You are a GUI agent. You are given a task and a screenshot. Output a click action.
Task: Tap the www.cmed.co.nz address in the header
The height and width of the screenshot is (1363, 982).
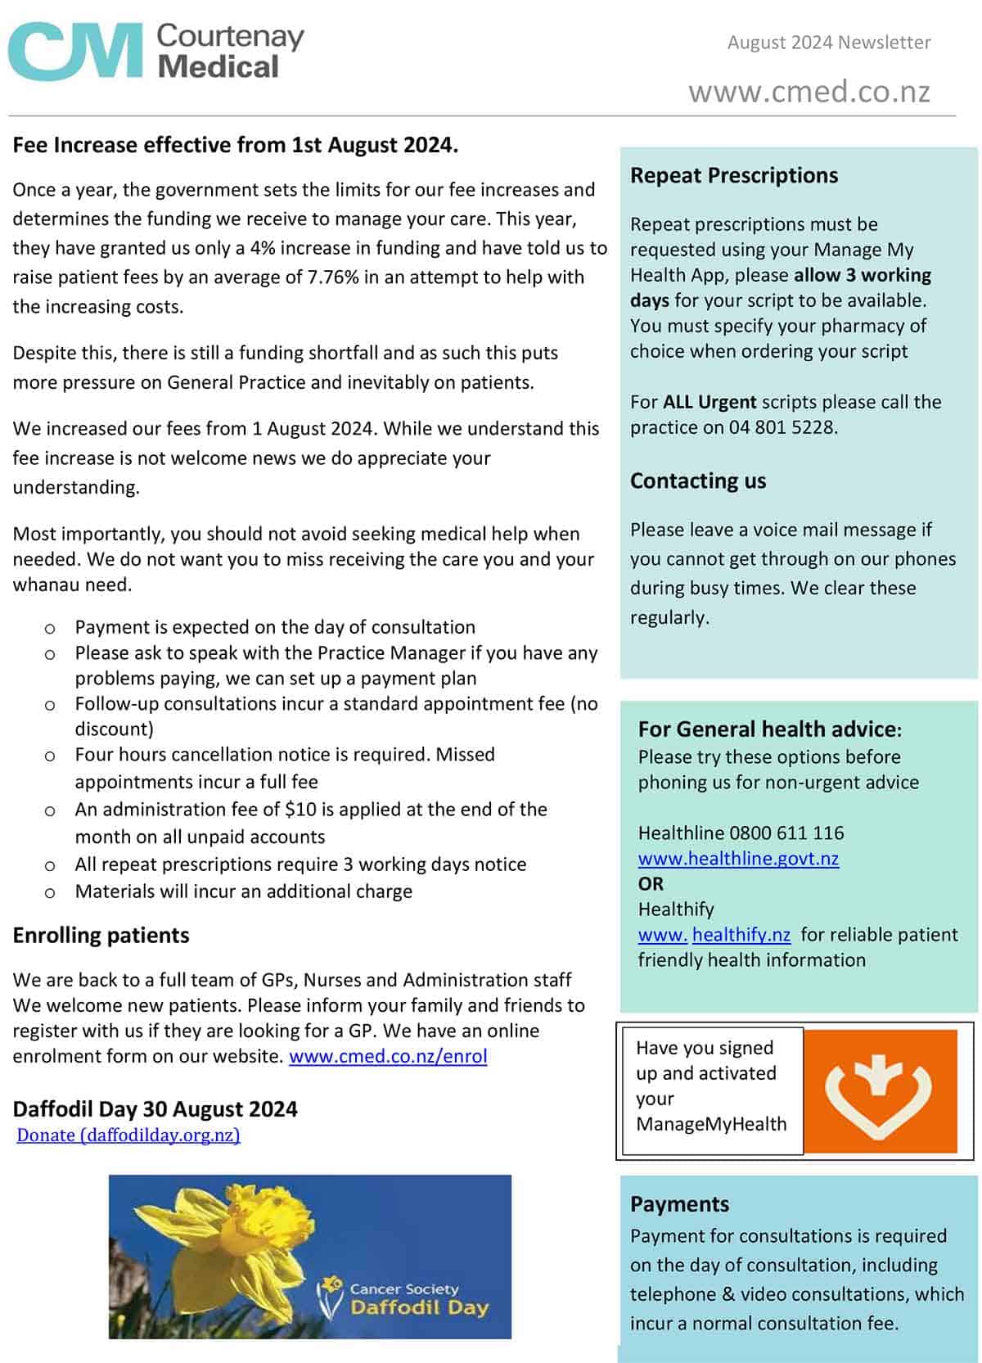[x=809, y=91]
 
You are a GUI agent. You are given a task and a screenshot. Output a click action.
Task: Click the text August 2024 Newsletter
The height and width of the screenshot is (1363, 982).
[x=828, y=43]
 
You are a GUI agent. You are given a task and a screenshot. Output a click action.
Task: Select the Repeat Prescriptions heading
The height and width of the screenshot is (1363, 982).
[x=733, y=175]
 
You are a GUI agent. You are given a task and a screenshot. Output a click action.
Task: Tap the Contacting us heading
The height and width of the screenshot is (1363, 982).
[x=697, y=481]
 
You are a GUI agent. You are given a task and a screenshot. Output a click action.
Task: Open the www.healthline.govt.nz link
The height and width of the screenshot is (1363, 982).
[x=738, y=859]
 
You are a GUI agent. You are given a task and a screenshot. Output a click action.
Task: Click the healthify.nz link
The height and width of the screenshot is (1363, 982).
[x=741, y=935]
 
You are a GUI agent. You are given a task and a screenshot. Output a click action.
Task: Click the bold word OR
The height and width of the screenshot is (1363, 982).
[x=651, y=884]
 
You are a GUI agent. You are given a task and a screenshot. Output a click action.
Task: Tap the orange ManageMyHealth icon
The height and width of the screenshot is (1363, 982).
[x=879, y=1090]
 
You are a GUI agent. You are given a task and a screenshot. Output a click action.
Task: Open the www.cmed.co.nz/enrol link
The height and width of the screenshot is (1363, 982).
[x=388, y=1056]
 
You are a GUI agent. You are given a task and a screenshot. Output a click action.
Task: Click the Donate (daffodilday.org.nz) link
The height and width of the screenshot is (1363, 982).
[x=128, y=1135]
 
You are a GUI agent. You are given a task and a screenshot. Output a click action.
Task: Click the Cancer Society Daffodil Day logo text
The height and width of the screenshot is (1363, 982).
[x=417, y=1299]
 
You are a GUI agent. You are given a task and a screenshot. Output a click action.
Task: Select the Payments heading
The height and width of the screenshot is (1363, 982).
[x=679, y=1204]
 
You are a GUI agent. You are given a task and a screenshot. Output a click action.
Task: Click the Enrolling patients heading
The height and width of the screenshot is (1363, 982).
[x=101, y=936]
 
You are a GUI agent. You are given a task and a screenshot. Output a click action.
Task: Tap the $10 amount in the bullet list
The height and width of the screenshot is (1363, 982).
[x=300, y=810]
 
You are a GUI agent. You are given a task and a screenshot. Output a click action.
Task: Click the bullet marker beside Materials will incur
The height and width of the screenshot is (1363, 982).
[x=50, y=893]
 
